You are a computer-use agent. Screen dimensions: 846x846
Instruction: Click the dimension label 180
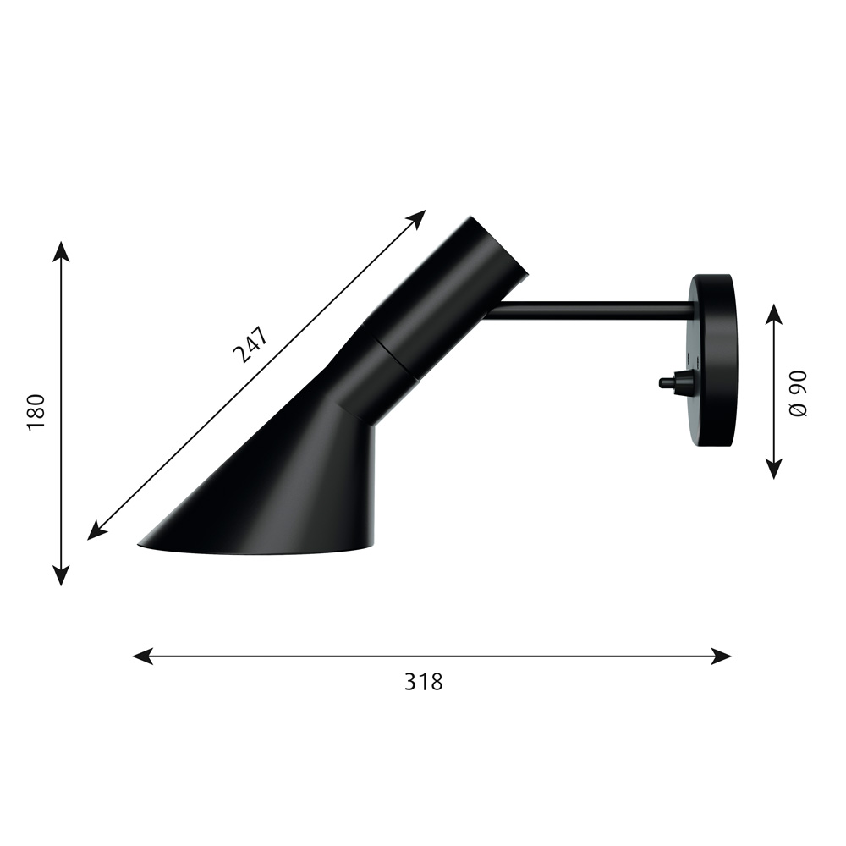point(36,413)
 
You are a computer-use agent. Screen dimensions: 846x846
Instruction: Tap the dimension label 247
point(250,346)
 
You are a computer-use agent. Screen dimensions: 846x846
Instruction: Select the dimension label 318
point(424,682)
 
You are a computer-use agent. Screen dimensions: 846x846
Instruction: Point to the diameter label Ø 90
point(798,393)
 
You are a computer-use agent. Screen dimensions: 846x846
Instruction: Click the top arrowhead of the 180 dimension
point(61,251)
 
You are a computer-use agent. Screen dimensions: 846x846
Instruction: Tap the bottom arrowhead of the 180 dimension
point(61,575)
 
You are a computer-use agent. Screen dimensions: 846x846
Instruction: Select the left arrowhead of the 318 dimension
point(143,656)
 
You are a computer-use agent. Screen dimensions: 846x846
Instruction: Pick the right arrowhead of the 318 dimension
point(722,656)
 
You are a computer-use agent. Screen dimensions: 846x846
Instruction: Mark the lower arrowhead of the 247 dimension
point(97,530)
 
